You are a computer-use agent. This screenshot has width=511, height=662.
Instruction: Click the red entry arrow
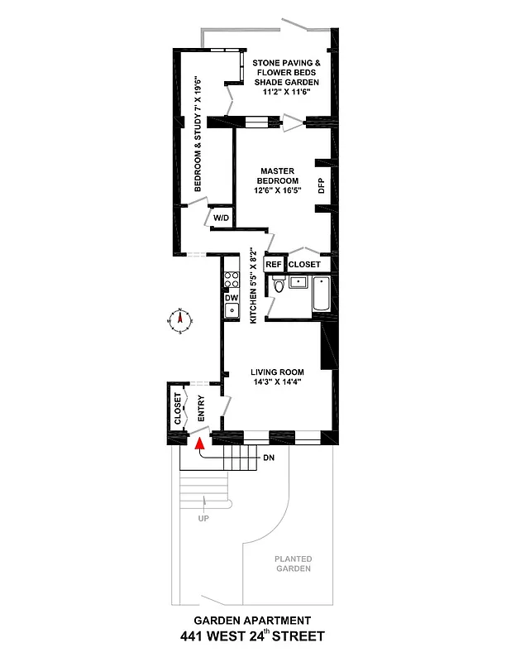click(198, 444)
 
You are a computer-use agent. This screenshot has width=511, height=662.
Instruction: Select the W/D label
click(222, 218)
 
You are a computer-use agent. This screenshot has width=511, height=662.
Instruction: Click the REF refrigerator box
click(274, 265)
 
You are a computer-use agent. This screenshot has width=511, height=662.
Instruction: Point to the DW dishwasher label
click(232, 297)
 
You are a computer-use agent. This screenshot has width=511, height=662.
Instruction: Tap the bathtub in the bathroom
click(322, 295)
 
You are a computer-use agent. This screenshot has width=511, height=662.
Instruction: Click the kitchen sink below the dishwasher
click(232, 312)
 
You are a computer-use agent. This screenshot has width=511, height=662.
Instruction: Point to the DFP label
click(322, 186)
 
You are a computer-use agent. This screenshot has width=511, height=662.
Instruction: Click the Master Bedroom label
click(278, 176)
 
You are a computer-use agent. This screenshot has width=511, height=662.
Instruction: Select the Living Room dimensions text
click(278, 382)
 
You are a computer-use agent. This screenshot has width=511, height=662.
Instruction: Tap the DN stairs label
click(269, 457)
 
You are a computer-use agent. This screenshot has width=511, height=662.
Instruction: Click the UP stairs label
click(203, 518)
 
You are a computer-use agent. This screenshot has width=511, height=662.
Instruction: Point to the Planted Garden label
click(293, 564)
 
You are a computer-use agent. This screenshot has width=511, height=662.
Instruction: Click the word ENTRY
click(201, 410)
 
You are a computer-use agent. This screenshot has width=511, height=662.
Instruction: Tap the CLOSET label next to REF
click(304, 265)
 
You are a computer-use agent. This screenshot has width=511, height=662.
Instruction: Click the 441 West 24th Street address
click(252, 636)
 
